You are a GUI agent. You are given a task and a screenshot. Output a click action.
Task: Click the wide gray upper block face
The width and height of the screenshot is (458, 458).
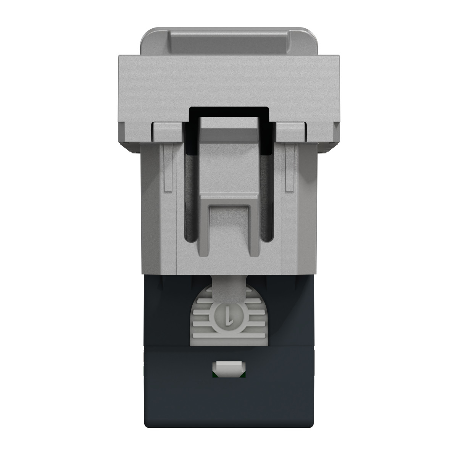click(228, 82)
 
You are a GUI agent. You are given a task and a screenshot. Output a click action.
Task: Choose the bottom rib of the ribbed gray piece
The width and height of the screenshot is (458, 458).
click(228, 337)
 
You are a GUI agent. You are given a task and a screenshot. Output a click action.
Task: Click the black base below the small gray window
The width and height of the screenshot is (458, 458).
click(228, 405)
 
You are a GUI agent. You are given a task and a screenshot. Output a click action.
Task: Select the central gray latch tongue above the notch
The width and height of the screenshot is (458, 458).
click(229, 164)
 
